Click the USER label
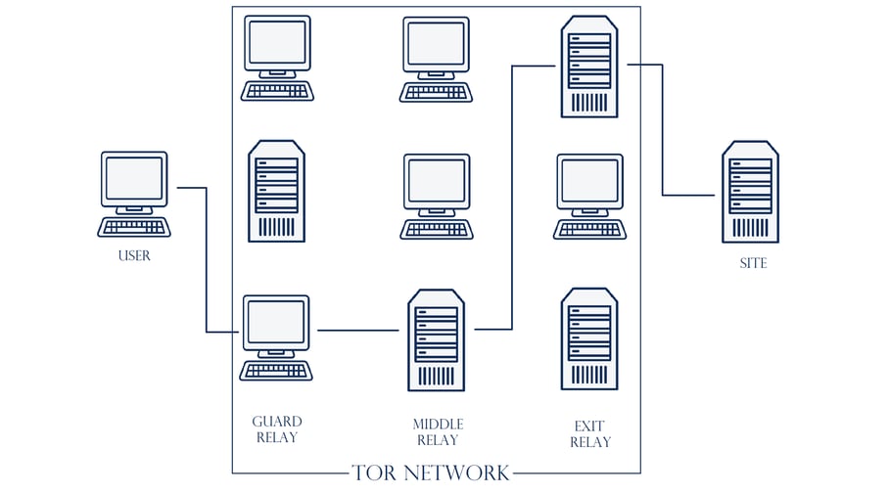click(x=134, y=256)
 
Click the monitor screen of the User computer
click(x=134, y=178)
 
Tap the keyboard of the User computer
click(x=134, y=228)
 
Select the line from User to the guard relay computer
click(x=206, y=259)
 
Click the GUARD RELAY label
click(x=277, y=429)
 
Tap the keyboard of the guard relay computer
click(x=277, y=371)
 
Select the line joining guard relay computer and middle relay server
click(x=357, y=331)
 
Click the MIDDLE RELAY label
click(x=438, y=431)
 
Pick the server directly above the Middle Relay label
click(x=437, y=339)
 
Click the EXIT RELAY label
click(x=590, y=433)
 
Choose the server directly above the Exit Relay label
click(x=589, y=338)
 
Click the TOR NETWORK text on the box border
click(x=431, y=473)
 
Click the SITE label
click(x=753, y=263)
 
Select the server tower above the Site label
click(x=751, y=192)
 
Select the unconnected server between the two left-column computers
click(x=276, y=191)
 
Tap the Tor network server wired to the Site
click(x=589, y=66)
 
